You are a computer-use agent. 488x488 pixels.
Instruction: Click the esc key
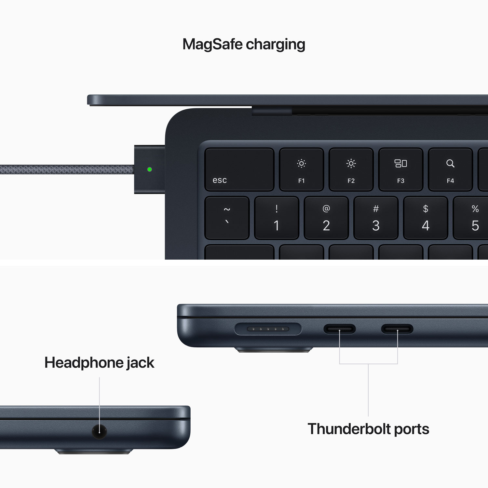click(239, 169)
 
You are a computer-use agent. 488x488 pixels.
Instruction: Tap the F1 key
click(301, 169)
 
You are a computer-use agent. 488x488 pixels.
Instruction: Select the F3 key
click(400, 169)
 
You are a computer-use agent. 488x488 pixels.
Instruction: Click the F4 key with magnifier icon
click(450, 169)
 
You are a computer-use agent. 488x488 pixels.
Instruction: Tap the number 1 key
click(277, 218)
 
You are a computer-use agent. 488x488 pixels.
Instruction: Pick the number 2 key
click(326, 218)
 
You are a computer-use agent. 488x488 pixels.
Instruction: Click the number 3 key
click(376, 218)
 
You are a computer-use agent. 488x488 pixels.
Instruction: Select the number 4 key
click(426, 218)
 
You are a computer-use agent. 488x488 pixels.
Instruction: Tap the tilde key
click(227, 218)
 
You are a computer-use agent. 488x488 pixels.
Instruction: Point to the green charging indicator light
click(150, 169)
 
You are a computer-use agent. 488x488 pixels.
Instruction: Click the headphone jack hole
click(99, 431)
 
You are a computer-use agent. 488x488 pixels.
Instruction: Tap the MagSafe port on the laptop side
click(268, 329)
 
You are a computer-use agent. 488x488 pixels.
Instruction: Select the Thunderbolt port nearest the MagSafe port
click(339, 329)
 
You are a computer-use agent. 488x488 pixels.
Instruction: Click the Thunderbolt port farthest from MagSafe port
click(397, 329)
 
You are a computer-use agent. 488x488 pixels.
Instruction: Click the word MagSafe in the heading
click(212, 44)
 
